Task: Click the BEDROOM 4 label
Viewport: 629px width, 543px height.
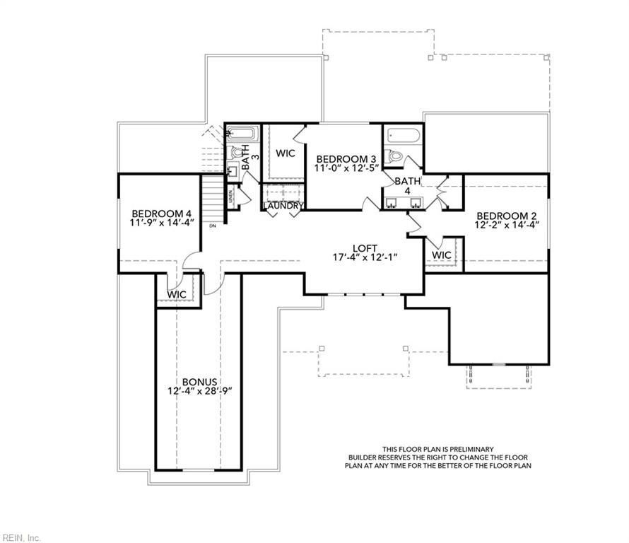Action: coord(162,214)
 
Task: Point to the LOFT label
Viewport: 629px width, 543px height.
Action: coord(366,247)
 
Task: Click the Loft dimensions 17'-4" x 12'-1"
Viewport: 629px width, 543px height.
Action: coord(366,257)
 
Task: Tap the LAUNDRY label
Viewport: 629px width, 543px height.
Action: coord(284,206)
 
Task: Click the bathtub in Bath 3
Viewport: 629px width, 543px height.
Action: coord(243,133)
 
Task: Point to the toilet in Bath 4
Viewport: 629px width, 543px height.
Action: coord(395,156)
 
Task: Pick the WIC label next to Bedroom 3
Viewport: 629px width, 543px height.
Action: coord(286,153)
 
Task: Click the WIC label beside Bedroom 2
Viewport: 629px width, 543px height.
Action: coord(441,255)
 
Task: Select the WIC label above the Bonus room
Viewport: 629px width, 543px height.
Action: coord(177,293)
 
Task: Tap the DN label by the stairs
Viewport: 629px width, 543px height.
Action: coord(213,226)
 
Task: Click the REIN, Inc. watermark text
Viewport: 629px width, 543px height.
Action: coord(21,537)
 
